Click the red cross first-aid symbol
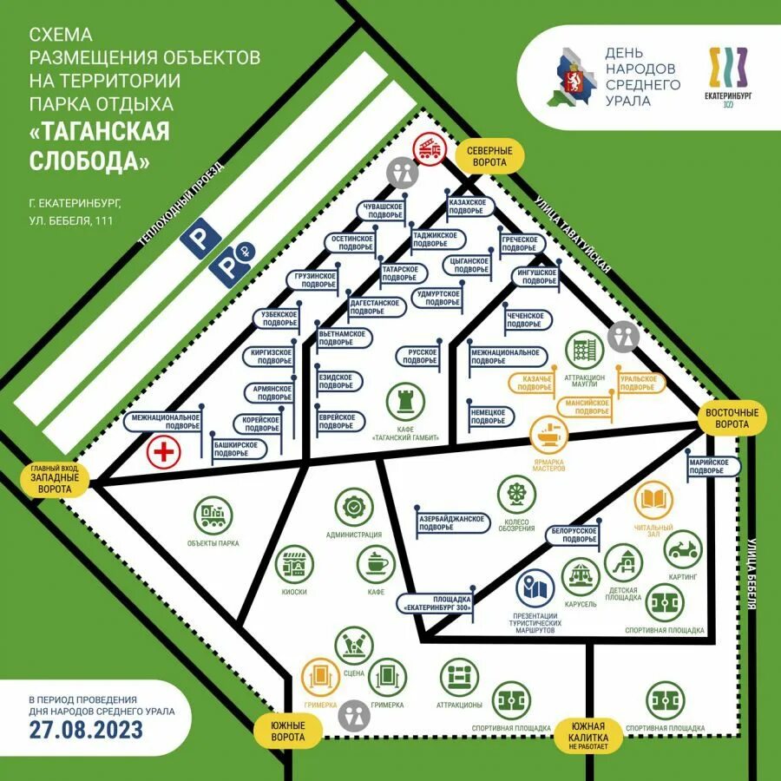click(x=162, y=452)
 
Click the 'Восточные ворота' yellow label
click(x=732, y=419)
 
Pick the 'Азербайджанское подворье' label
click(x=451, y=523)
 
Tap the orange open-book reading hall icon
click(x=653, y=501)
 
